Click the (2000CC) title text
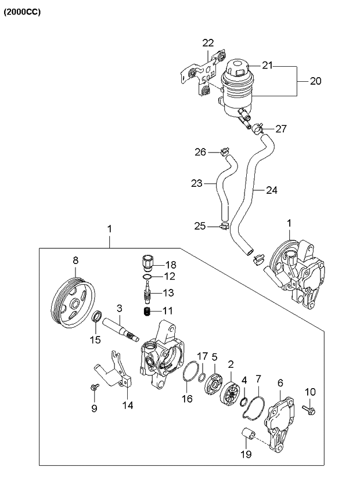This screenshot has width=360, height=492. click(x=22, y=12)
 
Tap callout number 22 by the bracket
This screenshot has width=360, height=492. click(x=208, y=43)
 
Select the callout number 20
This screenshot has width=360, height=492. click(x=315, y=81)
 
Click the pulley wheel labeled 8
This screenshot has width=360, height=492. click(x=73, y=303)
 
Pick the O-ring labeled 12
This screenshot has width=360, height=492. click(x=147, y=276)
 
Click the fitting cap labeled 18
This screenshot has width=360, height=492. click(x=146, y=263)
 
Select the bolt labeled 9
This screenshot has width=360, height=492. click(x=94, y=386)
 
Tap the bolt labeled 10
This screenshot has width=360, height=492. click(x=309, y=409)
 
